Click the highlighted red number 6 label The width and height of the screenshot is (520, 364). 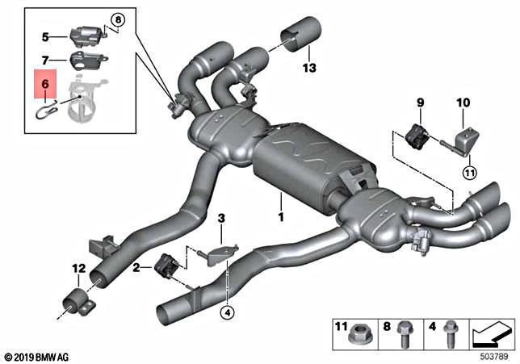[x=45, y=82]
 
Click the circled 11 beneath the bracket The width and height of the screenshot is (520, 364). [x=469, y=171]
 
